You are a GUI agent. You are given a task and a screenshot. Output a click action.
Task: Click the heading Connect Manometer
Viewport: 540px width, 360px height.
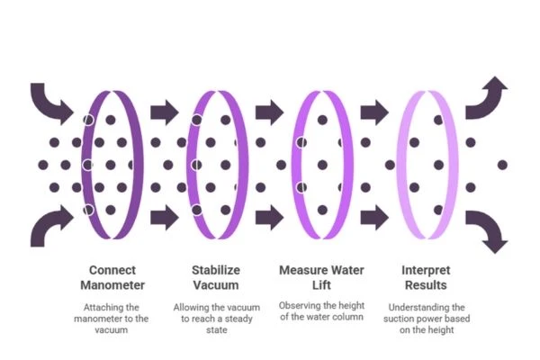click(112, 277)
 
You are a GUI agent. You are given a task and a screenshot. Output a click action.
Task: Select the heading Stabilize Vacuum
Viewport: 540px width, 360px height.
click(216, 277)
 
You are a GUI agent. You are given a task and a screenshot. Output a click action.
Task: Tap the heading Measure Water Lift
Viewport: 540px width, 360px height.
click(321, 277)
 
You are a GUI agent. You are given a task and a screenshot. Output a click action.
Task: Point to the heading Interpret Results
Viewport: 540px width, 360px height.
click(426, 277)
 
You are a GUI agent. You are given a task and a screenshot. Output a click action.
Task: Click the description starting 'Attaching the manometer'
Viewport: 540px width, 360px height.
click(112, 319)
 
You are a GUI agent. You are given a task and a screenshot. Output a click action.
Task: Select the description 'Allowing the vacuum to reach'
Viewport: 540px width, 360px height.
click(217, 319)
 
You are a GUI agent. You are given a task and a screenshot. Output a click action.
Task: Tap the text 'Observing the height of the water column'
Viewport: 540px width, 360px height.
click(321, 311)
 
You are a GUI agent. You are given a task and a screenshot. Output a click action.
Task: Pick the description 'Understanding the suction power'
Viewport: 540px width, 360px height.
click(427, 319)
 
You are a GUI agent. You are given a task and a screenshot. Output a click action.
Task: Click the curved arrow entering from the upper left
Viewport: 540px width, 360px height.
click(49, 103)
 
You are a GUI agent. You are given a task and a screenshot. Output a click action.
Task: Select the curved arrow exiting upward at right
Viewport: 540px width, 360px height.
click(487, 100)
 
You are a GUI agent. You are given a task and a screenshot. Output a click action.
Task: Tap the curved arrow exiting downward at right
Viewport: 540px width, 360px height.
click(487, 230)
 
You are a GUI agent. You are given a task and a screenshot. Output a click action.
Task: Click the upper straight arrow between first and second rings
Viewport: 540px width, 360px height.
click(165, 112)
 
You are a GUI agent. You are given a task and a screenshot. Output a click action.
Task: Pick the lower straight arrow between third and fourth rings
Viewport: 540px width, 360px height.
click(374, 218)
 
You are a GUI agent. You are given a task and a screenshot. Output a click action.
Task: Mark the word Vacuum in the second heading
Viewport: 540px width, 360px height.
click(216, 285)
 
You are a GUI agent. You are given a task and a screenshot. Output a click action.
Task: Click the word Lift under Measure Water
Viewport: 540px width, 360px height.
click(321, 285)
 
